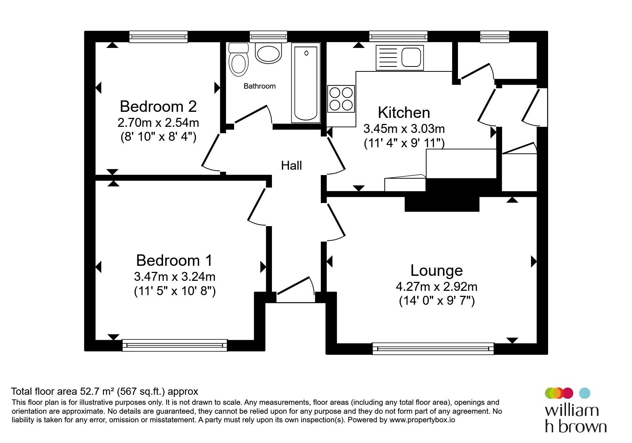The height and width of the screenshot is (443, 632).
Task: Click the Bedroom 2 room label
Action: coord(158,106)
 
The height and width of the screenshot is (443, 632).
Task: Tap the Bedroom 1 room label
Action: coord(174,260)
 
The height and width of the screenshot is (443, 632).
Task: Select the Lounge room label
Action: coord(436,270)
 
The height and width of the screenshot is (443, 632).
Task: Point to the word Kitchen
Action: coord(404,113)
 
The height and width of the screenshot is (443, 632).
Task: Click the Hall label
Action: coord(292,165)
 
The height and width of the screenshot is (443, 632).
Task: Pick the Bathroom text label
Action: coord(259,86)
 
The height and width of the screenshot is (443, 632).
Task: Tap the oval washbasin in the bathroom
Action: coord(268,54)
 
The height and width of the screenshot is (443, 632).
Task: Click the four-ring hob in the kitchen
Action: coord(341,99)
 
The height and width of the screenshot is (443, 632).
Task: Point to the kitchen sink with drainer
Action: coord(400,58)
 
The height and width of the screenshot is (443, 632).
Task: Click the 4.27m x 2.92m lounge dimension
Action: coord(436,287)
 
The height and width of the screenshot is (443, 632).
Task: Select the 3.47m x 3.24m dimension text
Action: coord(175,277)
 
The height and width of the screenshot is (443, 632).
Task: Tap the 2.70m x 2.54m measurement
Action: coord(158,123)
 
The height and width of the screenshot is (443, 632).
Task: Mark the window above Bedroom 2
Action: coord(158,36)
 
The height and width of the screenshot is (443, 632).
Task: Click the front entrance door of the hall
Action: coord(296,290)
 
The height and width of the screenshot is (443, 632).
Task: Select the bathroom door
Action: coord(253,115)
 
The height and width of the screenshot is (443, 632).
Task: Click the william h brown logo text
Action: coord(576,418)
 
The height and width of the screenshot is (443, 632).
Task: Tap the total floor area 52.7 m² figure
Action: coord(105,392)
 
